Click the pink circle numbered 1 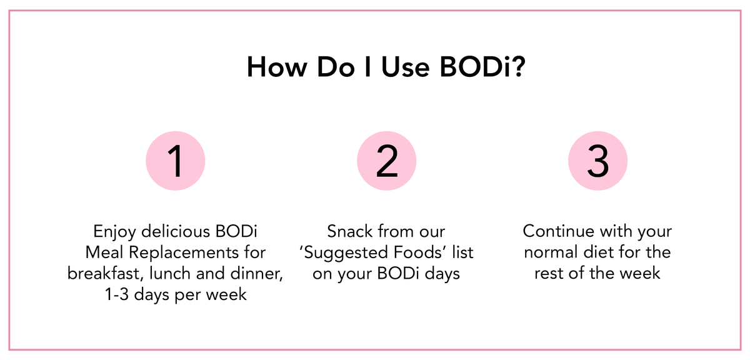click(x=176, y=161)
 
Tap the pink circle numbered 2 click(x=387, y=161)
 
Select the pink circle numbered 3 click(x=597, y=161)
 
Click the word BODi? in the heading click(x=482, y=67)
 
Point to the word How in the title click(x=277, y=67)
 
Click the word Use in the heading click(x=405, y=67)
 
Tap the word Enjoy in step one click(x=114, y=232)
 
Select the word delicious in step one click(x=176, y=231)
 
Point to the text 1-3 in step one click(x=117, y=295)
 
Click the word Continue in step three click(x=559, y=231)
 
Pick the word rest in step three click(x=549, y=274)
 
